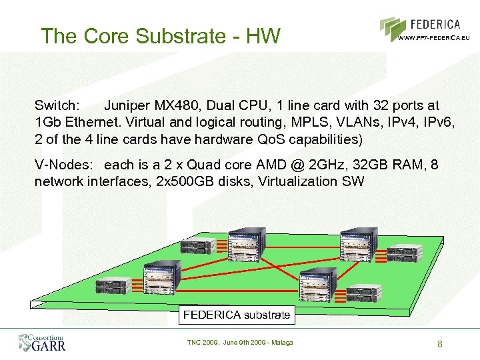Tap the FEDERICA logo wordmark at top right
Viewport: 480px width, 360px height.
pos(435,25)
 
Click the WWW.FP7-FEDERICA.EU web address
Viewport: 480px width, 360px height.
pos(434,38)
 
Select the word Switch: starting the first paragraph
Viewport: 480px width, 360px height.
pos(58,105)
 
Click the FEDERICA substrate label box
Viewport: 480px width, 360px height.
pos(237,315)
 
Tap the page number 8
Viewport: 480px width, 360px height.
pos(440,344)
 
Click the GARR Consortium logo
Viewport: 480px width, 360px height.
pos(42,342)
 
